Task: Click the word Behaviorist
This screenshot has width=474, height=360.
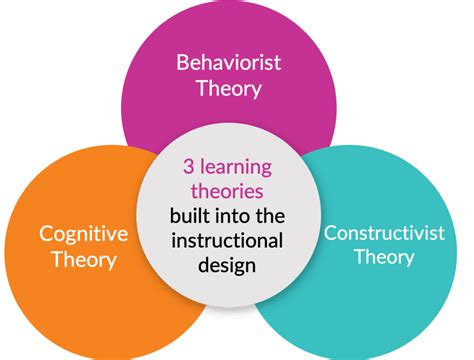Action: click(228, 63)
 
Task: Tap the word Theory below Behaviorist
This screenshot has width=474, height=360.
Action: click(228, 88)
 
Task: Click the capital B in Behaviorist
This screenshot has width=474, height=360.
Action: click(182, 63)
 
